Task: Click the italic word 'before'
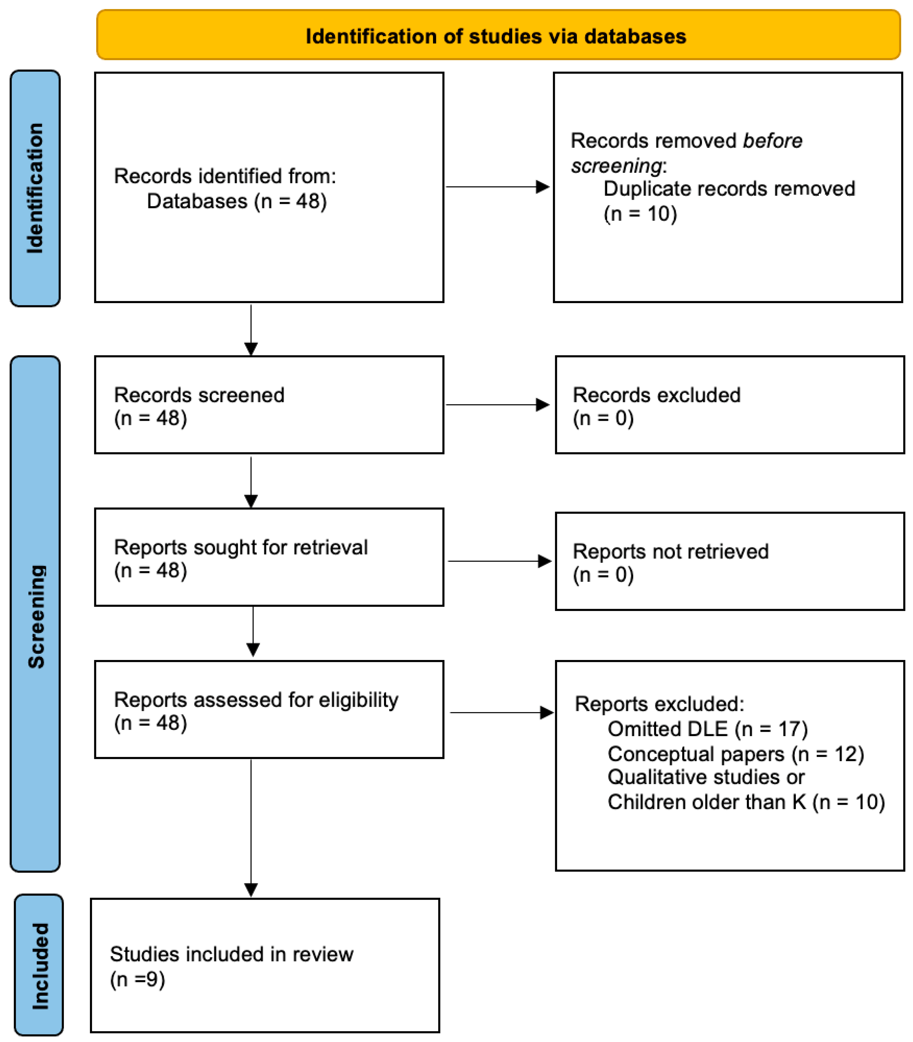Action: pos(772,141)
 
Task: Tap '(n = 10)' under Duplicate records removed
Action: pos(640,214)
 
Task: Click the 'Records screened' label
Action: pos(199,395)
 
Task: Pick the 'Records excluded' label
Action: pos(656,395)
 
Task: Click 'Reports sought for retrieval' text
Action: pos(241,547)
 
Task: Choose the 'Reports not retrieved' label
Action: pos(670,551)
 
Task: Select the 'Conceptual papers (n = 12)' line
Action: pos(735,754)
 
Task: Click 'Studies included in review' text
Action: pos(231,954)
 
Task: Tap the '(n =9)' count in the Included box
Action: pos(137,979)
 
